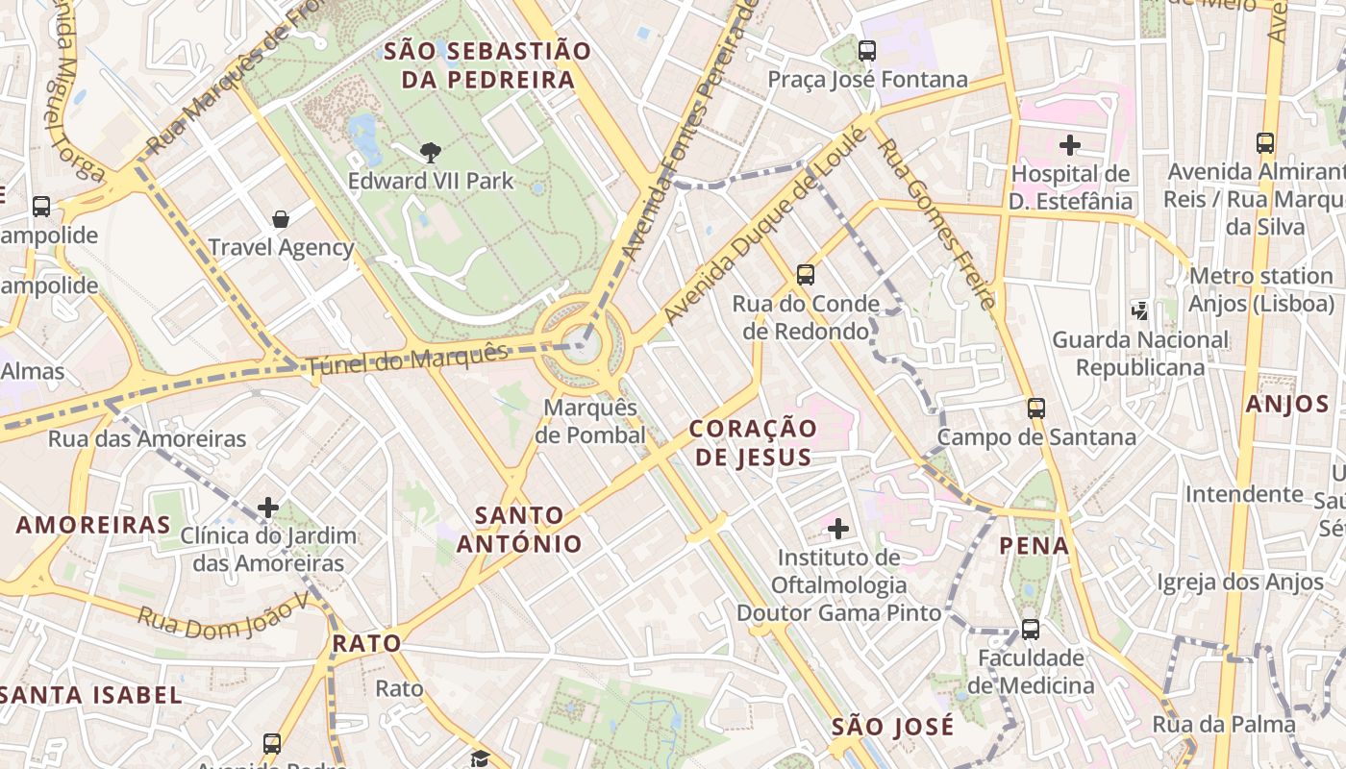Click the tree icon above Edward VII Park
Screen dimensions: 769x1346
pos(431,152)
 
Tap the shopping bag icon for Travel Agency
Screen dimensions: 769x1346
pos(281,219)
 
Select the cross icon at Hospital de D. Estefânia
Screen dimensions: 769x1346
pos(1069,145)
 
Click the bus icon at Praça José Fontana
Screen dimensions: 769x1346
pos(867,50)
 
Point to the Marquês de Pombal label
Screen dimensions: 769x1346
pos(590,421)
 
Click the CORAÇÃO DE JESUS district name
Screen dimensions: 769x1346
pos(753,442)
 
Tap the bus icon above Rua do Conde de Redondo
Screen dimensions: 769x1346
pos(806,275)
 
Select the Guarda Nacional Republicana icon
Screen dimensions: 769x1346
pos(1140,310)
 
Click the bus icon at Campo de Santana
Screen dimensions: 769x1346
pos(1036,408)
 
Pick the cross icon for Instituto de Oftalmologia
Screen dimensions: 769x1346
pos(838,528)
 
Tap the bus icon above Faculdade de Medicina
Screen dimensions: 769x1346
pos(1031,630)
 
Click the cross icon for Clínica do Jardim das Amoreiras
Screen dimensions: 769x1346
pos(268,507)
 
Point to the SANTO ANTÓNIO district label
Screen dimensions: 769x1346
pos(519,530)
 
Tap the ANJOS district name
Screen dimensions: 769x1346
pos(1287,404)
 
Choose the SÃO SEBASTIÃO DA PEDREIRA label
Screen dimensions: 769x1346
pos(487,65)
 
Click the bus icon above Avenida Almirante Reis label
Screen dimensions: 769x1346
pos(1265,143)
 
